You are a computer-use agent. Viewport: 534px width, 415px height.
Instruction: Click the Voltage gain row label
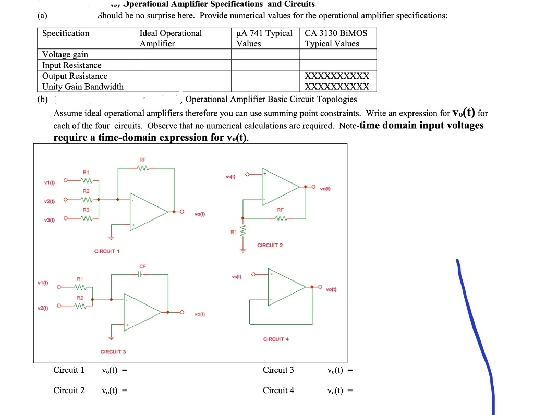tap(65, 55)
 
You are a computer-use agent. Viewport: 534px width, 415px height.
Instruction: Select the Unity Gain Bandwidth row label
tap(83, 87)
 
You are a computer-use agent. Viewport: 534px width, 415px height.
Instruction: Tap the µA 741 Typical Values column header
tap(265, 39)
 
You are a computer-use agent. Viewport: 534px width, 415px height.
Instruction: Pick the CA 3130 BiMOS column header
tap(336, 39)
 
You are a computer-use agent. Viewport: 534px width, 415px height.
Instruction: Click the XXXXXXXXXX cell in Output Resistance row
tap(337, 76)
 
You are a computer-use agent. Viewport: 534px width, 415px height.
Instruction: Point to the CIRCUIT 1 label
tap(106, 251)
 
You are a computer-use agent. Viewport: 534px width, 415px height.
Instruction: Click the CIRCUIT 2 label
tap(270, 245)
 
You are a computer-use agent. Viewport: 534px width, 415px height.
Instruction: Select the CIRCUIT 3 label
tap(113, 352)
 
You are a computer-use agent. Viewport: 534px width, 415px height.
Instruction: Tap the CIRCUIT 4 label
tap(276, 339)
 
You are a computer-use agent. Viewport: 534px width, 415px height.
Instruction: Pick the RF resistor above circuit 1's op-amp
tap(142, 168)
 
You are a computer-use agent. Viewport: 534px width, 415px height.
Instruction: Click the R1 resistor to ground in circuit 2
tap(241, 232)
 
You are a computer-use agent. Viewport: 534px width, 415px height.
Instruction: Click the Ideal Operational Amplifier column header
tap(171, 39)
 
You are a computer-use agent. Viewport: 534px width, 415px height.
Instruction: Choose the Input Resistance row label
tap(72, 65)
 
